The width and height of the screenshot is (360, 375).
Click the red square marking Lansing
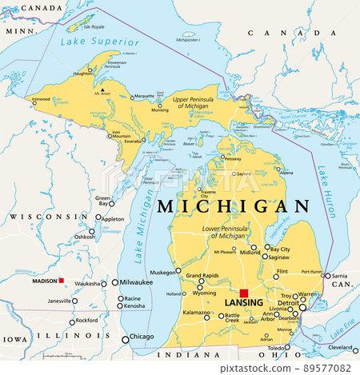click(x=244, y=293)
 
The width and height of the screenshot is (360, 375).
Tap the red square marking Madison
click(x=61, y=281)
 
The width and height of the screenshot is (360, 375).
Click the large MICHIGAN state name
click(x=233, y=206)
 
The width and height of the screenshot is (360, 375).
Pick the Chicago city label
click(x=142, y=337)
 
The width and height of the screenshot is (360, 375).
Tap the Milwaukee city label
click(x=130, y=283)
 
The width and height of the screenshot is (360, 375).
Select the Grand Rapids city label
click(x=202, y=277)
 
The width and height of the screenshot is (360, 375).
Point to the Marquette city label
click(x=143, y=96)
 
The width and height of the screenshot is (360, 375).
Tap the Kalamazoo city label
click(x=196, y=313)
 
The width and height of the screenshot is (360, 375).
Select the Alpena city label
click(x=286, y=172)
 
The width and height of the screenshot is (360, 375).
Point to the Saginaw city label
click(x=278, y=257)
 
